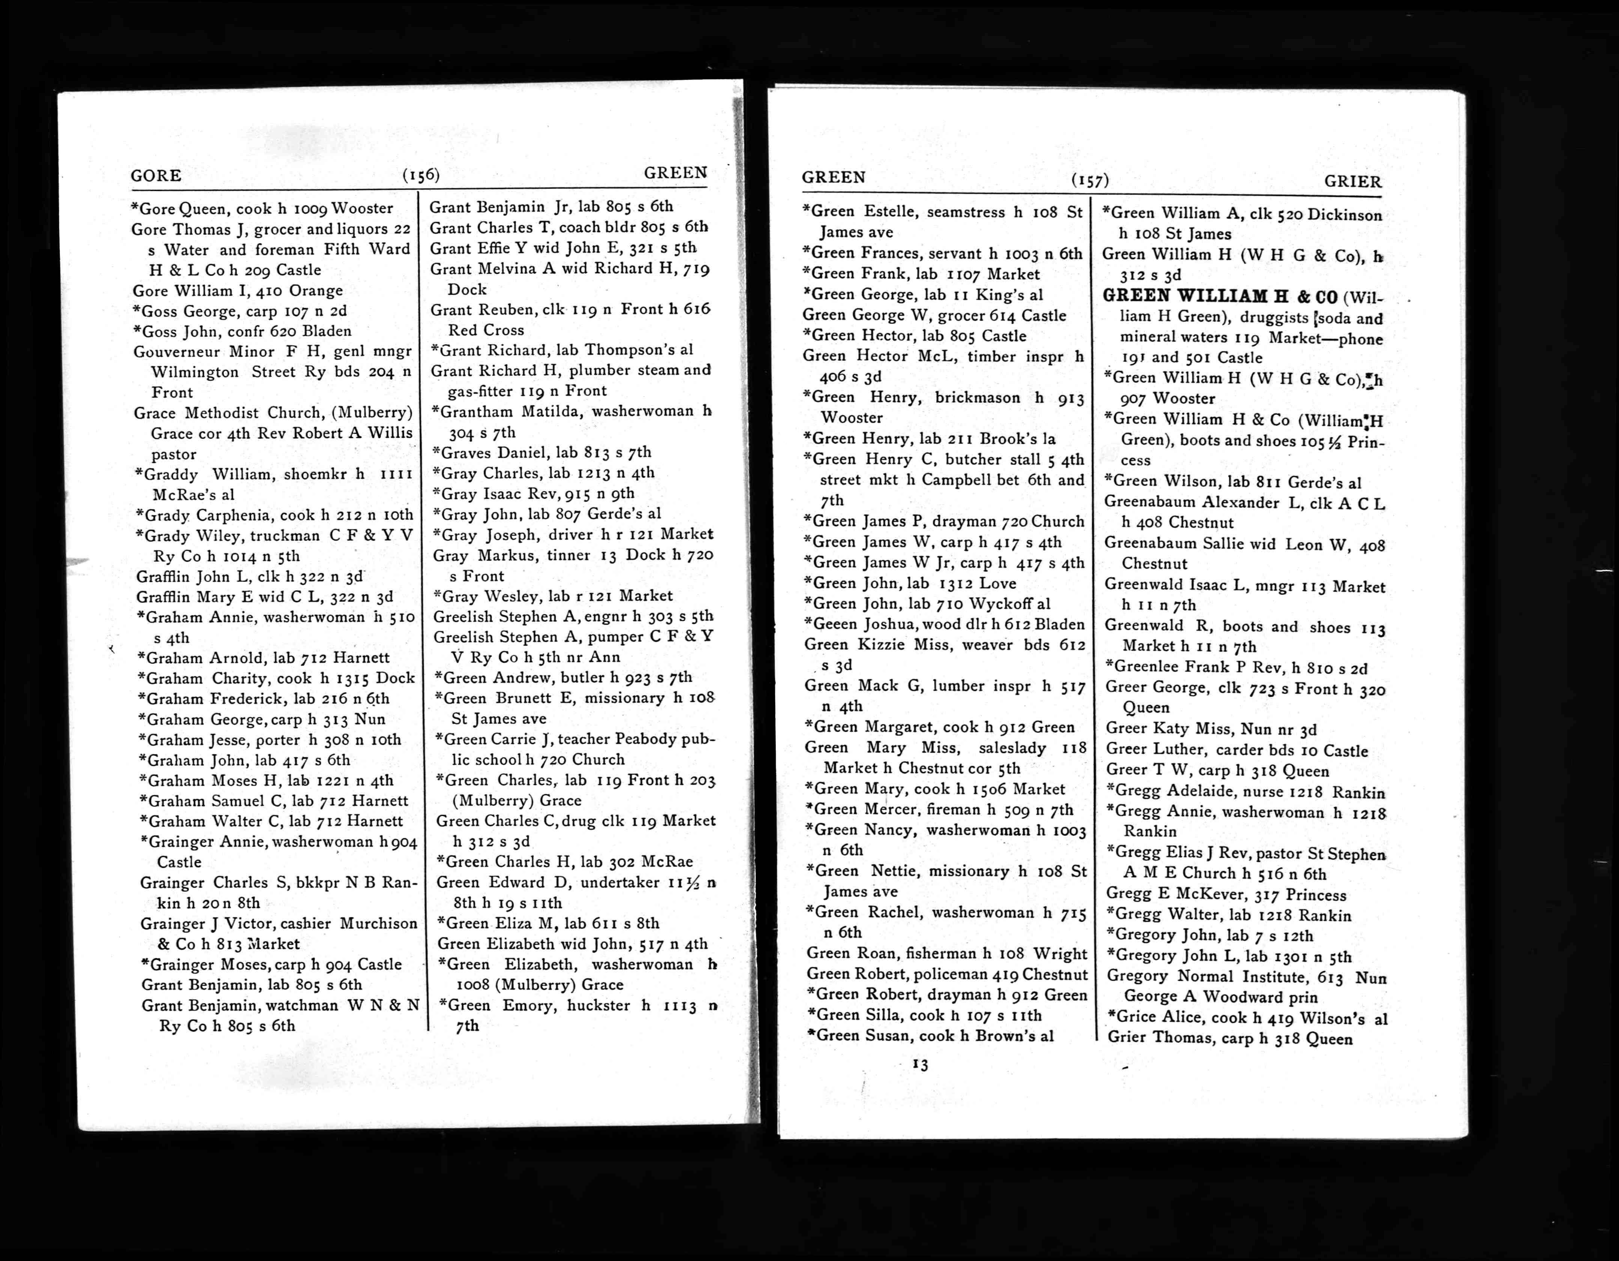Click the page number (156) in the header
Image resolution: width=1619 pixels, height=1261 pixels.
[x=421, y=175]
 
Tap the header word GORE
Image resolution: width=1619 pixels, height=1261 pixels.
[x=156, y=176]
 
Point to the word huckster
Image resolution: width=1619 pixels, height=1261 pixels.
[x=599, y=1005]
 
